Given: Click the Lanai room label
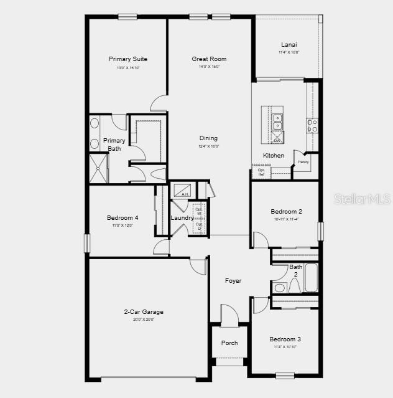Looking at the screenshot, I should pyautogui.click(x=289, y=44).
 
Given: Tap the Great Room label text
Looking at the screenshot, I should pyautogui.click(x=209, y=59).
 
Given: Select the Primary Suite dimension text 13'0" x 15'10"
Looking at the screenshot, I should pyautogui.click(x=127, y=67).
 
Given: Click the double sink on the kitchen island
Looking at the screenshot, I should pyautogui.click(x=277, y=121).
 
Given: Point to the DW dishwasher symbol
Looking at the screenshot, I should pyautogui.click(x=277, y=140).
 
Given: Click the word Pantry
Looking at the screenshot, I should pyautogui.click(x=303, y=162).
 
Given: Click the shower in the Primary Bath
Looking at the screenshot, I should pyautogui.click(x=99, y=167).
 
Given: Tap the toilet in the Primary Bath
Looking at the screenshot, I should pyautogui.click(x=158, y=174).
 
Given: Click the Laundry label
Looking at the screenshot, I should pyautogui.click(x=182, y=218).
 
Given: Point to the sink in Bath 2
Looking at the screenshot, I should pyautogui.click(x=279, y=288).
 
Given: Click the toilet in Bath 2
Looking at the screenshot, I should pyautogui.click(x=295, y=286).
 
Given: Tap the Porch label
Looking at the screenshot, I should pyautogui.click(x=229, y=343).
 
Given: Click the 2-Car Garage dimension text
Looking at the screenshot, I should pyautogui.click(x=144, y=320).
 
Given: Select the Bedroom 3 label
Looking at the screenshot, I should pyautogui.click(x=285, y=339).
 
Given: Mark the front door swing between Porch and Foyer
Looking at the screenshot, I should pyautogui.click(x=229, y=315).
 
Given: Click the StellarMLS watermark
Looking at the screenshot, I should pyautogui.click(x=362, y=199).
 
